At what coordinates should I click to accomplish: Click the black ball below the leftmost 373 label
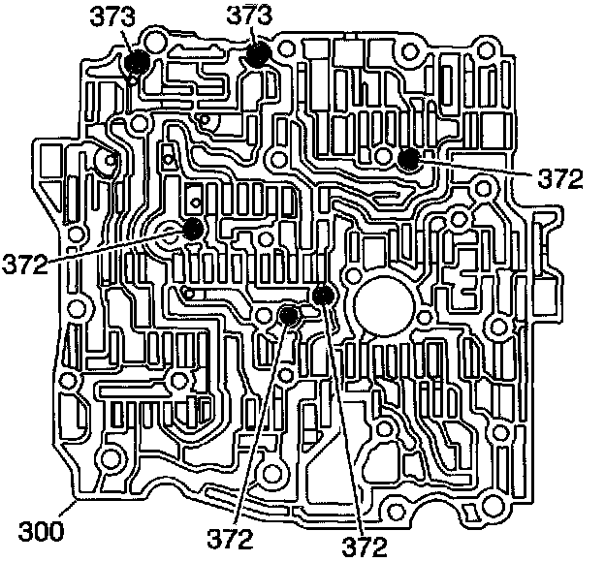click(x=137, y=63)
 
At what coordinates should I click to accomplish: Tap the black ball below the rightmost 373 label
click(x=257, y=54)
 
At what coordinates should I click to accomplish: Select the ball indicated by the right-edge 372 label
click(x=408, y=159)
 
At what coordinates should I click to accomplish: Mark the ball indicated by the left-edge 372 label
click(x=193, y=230)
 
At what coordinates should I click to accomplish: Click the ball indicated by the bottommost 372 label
click(x=324, y=295)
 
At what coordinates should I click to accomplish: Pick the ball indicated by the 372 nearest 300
click(x=289, y=314)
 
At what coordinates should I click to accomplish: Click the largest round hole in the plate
click(x=385, y=307)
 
